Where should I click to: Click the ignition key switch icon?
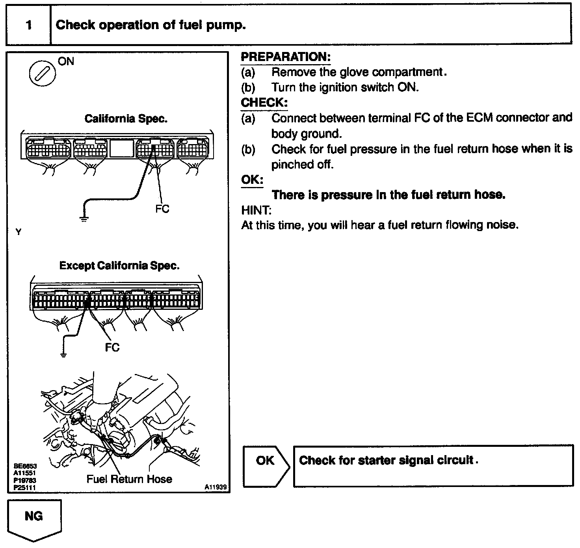pyautogui.click(x=42, y=74)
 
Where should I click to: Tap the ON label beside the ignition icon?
pyautogui.click(x=66, y=61)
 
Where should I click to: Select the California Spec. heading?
pyautogui.click(x=126, y=119)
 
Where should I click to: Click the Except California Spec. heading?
pyautogui.click(x=119, y=266)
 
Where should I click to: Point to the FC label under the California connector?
pyautogui.click(x=162, y=209)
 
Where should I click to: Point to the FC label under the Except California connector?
pyautogui.click(x=112, y=347)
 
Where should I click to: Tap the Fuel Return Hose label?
pyautogui.click(x=129, y=479)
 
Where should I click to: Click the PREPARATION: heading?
pyautogui.click(x=286, y=57)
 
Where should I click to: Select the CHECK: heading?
pyautogui.click(x=264, y=103)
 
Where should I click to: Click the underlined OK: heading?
pyautogui.click(x=252, y=180)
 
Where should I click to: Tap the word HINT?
pyautogui.click(x=257, y=210)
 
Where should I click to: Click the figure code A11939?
pyautogui.click(x=216, y=487)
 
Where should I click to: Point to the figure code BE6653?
pyautogui.click(x=25, y=466)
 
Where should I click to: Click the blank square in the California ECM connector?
pyautogui.click(x=121, y=149)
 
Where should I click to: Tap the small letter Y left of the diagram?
pyautogui.click(x=18, y=232)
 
